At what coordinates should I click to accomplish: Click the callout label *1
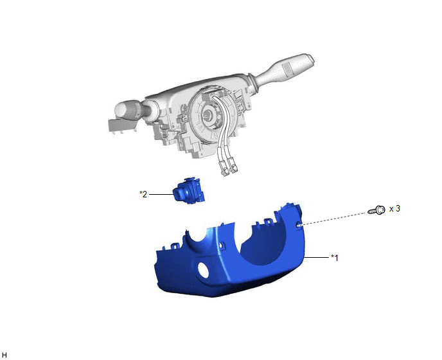point(335,258)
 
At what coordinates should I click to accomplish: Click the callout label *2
point(143,194)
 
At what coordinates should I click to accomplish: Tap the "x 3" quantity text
point(394,208)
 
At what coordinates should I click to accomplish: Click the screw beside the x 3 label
point(376,210)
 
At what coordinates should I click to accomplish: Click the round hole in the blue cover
point(203,269)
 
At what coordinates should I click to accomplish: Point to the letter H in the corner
point(4,355)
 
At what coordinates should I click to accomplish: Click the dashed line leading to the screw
point(334,218)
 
